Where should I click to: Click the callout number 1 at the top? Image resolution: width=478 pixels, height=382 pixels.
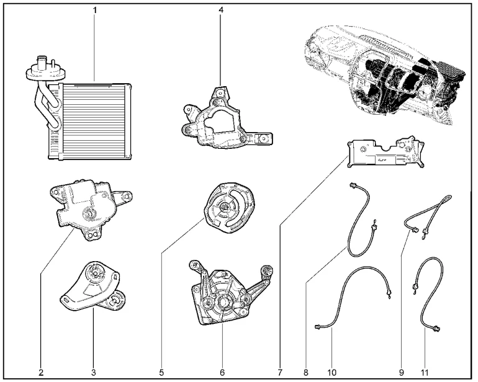click(95, 11)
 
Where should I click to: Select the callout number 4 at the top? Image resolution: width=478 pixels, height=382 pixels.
click(220, 11)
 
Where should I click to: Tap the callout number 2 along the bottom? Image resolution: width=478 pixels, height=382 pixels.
click(41, 372)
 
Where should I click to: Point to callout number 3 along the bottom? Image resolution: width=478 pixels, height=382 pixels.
click(94, 372)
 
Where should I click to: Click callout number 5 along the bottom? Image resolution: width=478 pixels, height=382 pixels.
click(161, 372)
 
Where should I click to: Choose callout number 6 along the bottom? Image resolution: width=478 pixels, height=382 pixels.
click(222, 372)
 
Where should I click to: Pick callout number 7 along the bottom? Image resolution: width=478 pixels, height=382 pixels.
click(280, 372)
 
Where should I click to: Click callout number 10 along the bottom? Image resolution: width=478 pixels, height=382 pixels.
click(331, 372)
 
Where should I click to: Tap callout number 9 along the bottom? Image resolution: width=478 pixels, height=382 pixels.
click(402, 372)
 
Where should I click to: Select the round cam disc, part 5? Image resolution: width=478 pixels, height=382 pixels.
click(227, 207)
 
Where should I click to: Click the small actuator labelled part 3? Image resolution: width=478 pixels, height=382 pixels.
click(93, 288)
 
